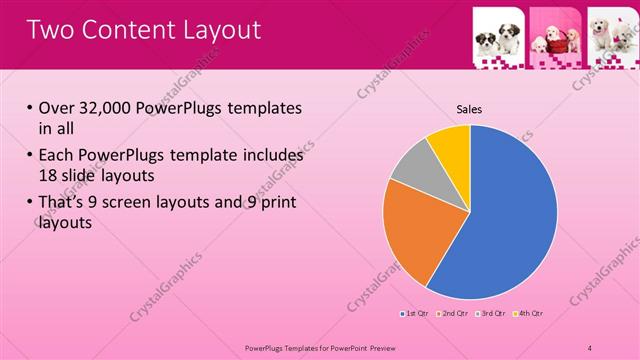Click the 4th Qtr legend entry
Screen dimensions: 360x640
(x=529, y=314)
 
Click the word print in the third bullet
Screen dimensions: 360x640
(x=276, y=203)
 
